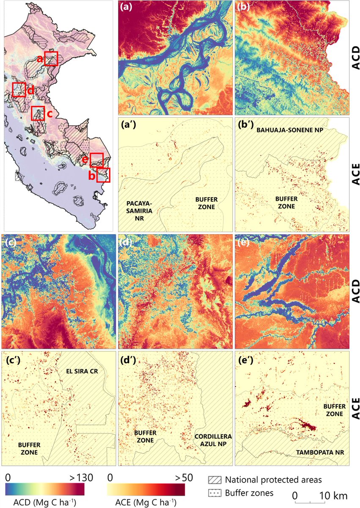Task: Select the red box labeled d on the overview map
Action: tap(19, 90)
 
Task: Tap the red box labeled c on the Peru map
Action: tap(38, 113)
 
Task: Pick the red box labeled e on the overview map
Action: tap(96, 160)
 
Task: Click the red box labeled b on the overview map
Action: tap(103, 175)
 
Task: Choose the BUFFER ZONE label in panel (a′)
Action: tap(201, 203)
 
